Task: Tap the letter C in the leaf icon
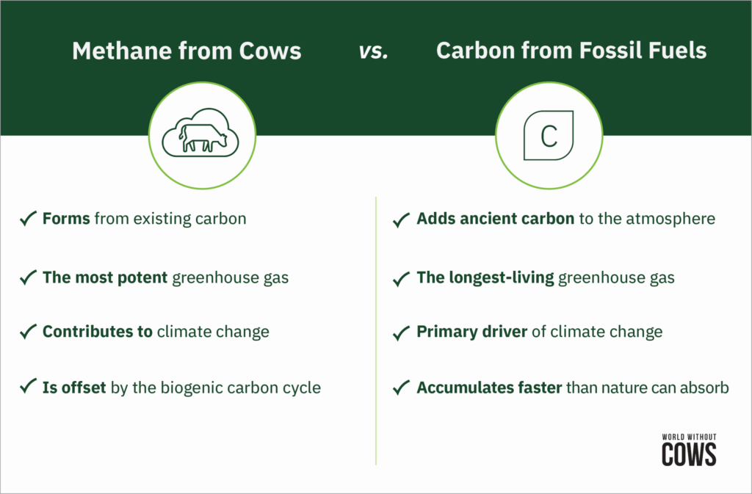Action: point(549,137)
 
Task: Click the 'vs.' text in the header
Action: point(373,51)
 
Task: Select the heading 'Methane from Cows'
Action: point(186,51)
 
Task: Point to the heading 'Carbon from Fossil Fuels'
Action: point(571,51)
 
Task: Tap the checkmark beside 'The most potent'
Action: point(28,278)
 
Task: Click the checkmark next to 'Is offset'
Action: point(28,387)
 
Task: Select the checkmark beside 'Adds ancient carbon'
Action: point(402,219)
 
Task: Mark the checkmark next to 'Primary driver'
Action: point(402,332)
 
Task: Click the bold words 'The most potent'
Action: point(105,278)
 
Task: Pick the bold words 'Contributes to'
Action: point(97,332)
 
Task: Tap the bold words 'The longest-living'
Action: point(485,278)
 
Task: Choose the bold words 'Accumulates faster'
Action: point(489,388)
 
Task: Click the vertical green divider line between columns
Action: point(375,330)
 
